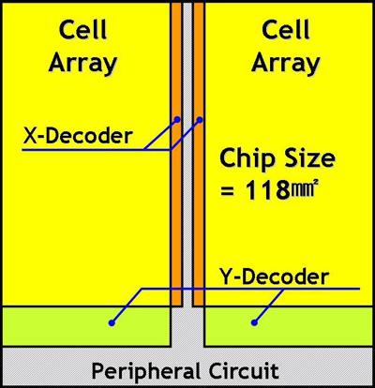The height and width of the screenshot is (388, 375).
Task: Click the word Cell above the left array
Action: pyautogui.click(x=83, y=30)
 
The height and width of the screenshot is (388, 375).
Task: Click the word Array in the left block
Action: pyautogui.click(x=82, y=65)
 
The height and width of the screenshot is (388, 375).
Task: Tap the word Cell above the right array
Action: pyautogui.click(x=286, y=30)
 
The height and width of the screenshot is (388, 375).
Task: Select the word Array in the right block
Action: pyautogui.click(x=286, y=65)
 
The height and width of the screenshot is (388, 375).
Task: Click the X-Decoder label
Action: pyautogui.click(x=78, y=136)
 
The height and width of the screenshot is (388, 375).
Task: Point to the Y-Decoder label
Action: pyautogui.click(x=274, y=276)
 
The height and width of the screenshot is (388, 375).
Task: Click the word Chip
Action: pyautogui.click(x=246, y=159)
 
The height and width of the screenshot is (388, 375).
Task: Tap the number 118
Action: pyautogui.click(x=267, y=190)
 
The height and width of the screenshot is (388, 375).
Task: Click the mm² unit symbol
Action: pyautogui.click(x=302, y=188)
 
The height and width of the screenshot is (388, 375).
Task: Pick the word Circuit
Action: pyautogui.click(x=244, y=371)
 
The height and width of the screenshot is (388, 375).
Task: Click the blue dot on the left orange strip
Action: pyautogui.click(x=177, y=119)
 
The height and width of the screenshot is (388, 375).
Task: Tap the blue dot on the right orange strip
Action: pyautogui.click(x=200, y=120)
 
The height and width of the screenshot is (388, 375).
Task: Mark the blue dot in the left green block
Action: pyautogui.click(x=112, y=323)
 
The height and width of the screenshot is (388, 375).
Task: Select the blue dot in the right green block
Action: pyautogui.click(x=254, y=322)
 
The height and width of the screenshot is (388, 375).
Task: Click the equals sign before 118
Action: pyautogui.click(x=228, y=190)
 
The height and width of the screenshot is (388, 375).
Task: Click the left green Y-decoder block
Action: pyautogui.click(x=86, y=326)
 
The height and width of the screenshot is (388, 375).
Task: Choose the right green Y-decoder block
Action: pyautogui.click(x=289, y=326)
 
